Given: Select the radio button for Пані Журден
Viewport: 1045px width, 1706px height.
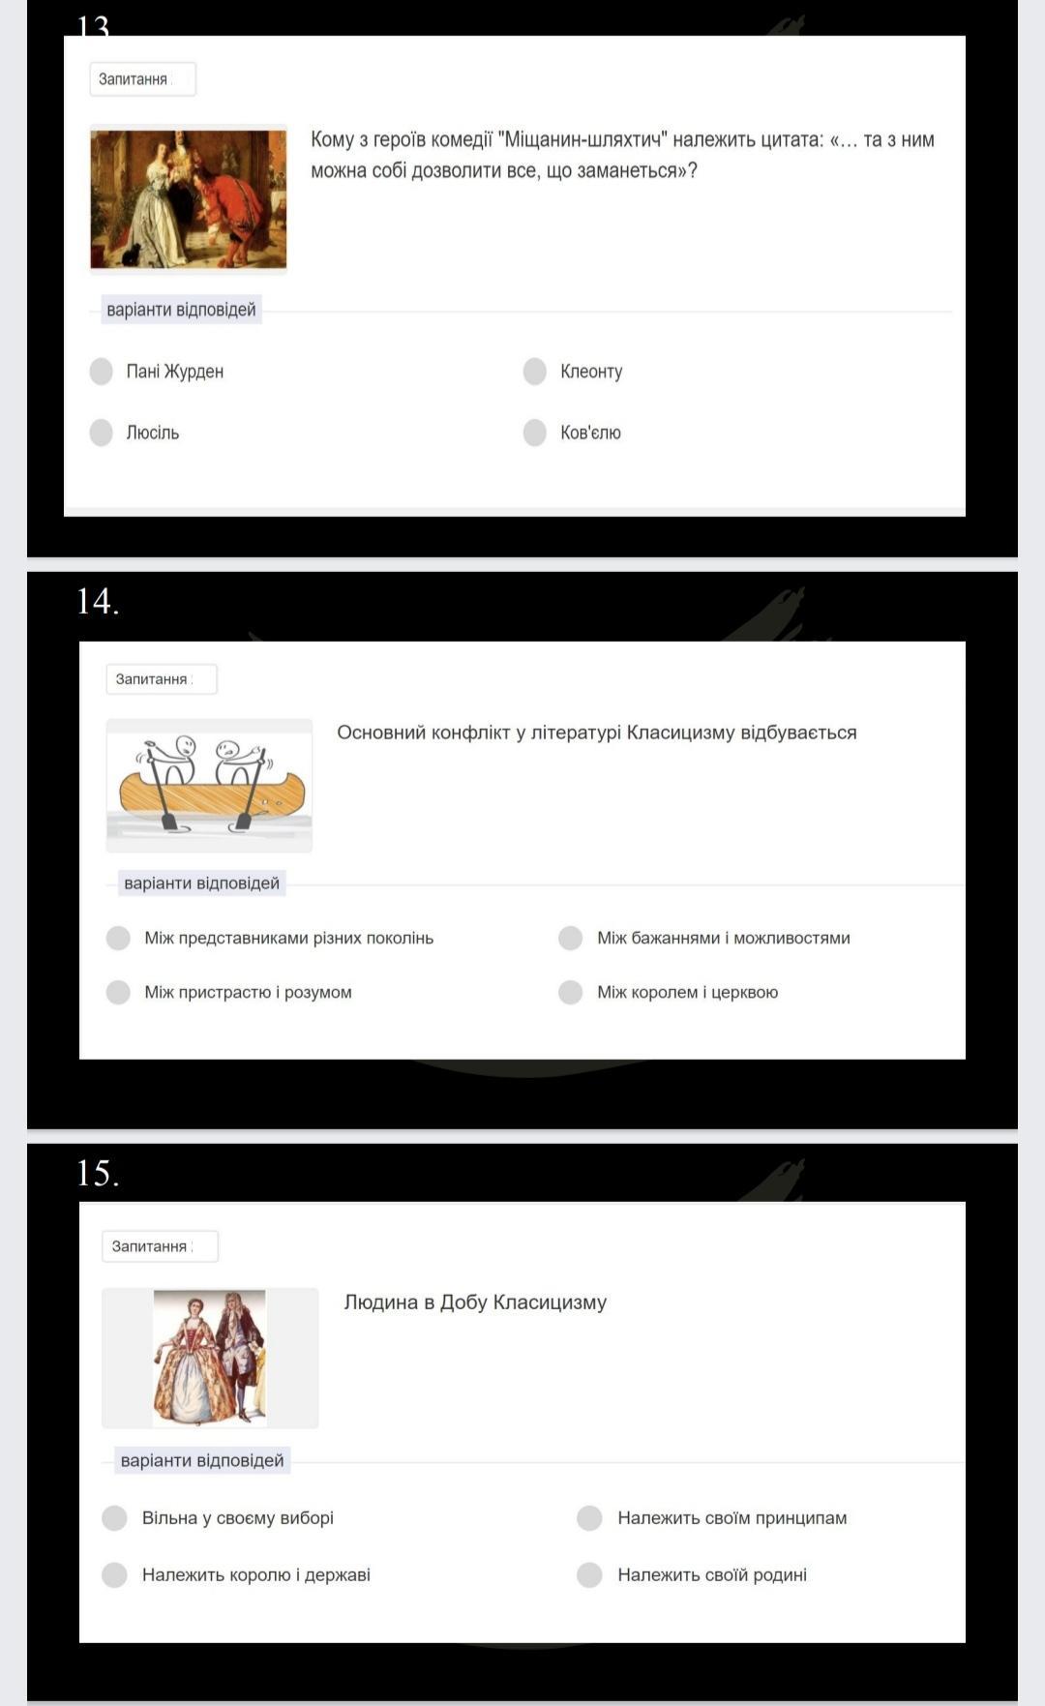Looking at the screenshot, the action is point(102,372).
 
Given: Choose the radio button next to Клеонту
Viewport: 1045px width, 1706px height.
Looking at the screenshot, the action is point(535,372).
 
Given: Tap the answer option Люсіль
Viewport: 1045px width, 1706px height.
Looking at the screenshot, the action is point(153,433).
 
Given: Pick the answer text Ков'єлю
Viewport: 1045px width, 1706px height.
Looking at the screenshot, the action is point(590,433).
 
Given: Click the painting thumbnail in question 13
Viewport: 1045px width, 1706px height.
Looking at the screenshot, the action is point(189,199).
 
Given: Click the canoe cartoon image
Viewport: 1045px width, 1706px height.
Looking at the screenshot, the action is point(209,785).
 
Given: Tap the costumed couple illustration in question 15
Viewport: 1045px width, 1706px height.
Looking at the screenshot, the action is point(210,1358).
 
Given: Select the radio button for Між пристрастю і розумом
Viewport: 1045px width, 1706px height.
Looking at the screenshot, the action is point(118,993).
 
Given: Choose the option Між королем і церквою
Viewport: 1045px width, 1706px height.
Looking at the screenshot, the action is point(687,993).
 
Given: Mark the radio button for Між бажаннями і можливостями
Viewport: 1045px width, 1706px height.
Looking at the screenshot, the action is point(571,939).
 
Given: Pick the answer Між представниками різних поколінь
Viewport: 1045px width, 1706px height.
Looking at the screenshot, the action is point(288,939).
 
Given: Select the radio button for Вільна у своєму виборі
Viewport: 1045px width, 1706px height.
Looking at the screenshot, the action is point(114,1518).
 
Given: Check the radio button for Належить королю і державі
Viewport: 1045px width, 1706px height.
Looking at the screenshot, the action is point(114,1575).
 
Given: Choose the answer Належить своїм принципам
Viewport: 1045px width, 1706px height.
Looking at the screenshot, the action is point(731,1518).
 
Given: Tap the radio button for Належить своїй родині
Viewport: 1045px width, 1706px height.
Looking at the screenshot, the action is point(589,1575).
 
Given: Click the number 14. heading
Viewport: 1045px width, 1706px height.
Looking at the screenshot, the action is point(98,602).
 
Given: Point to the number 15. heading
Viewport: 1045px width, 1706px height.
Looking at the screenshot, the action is point(98,1174).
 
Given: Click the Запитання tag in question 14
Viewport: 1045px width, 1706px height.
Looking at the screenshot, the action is point(162,679).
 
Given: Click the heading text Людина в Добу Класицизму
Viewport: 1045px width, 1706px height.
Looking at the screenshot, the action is point(475,1302).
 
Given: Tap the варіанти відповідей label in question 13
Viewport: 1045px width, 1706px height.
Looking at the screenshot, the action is point(181,310).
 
